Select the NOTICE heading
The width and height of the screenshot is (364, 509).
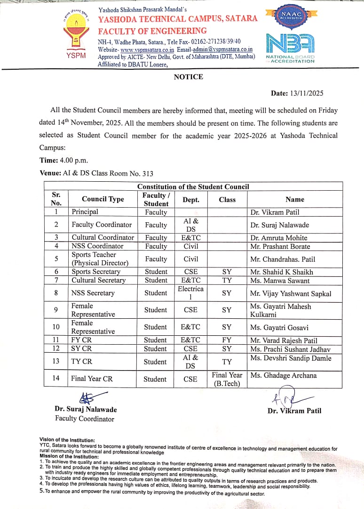188,77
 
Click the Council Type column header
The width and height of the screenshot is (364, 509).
103,199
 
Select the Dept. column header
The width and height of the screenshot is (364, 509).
190,200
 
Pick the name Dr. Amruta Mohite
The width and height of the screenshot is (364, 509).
278,238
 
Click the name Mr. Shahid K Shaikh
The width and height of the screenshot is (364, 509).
281,272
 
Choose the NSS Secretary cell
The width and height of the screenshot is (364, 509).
93,293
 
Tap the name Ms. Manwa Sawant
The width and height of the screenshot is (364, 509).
280,281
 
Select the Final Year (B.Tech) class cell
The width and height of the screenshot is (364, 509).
227,379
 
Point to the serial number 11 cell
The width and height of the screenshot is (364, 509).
56,340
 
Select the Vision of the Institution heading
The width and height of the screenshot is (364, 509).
61,440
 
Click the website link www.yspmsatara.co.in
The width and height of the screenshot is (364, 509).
147,49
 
